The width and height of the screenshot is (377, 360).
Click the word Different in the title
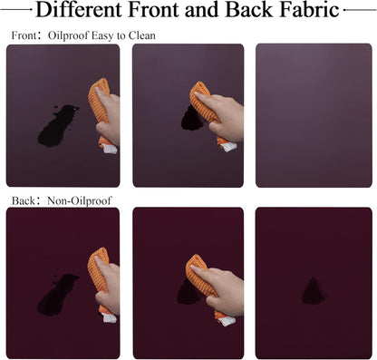pyautogui.click(x=79, y=10)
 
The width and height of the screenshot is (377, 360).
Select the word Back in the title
pyautogui.click(x=249, y=10)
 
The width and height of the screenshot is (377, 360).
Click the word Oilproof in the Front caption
pyautogui.click(x=68, y=35)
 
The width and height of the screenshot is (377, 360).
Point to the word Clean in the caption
pyautogui.click(x=142, y=35)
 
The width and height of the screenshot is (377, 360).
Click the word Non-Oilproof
pyautogui.click(x=80, y=200)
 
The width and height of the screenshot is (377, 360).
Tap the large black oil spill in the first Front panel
pyautogui.click(x=57, y=125)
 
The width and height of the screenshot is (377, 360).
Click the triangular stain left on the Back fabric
pyautogui.click(x=314, y=291)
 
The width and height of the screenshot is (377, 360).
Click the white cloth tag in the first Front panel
pyautogui.click(x=109, y=149)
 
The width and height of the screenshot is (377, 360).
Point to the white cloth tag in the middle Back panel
pyautogui.click(x=227, y=321)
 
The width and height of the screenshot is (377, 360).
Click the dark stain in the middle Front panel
pyautogui.click(x=191, y=120)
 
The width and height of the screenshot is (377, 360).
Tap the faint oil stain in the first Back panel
pyautogui.click(x=56, y=295)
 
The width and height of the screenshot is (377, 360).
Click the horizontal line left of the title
pyautogui.click(x=16, y=10)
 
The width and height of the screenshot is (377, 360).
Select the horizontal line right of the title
pyautogui.click(x=360, y=10)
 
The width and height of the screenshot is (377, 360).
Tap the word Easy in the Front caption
pyautogui.click(x=102, y=36)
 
